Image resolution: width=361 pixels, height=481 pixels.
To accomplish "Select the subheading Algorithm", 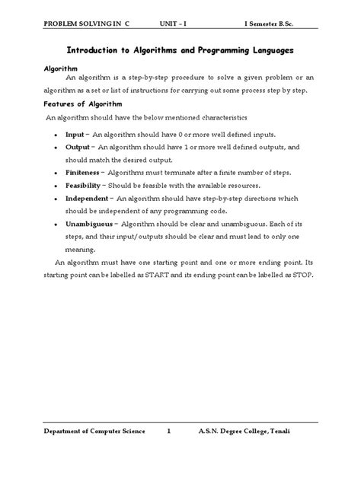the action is pos(59,68).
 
